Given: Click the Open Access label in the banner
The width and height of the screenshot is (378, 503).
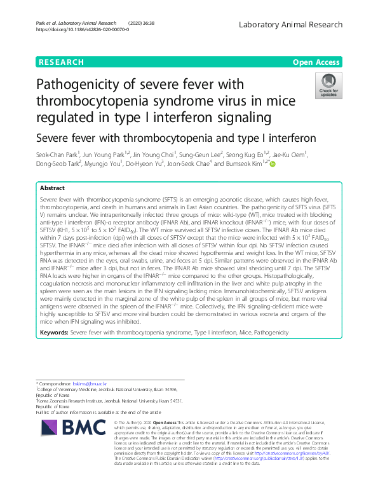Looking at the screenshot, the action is click(317, 62).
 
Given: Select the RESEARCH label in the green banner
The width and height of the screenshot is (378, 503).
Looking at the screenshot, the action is click(61, 62).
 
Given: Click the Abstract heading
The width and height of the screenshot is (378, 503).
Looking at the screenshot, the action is click(52, 189).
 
